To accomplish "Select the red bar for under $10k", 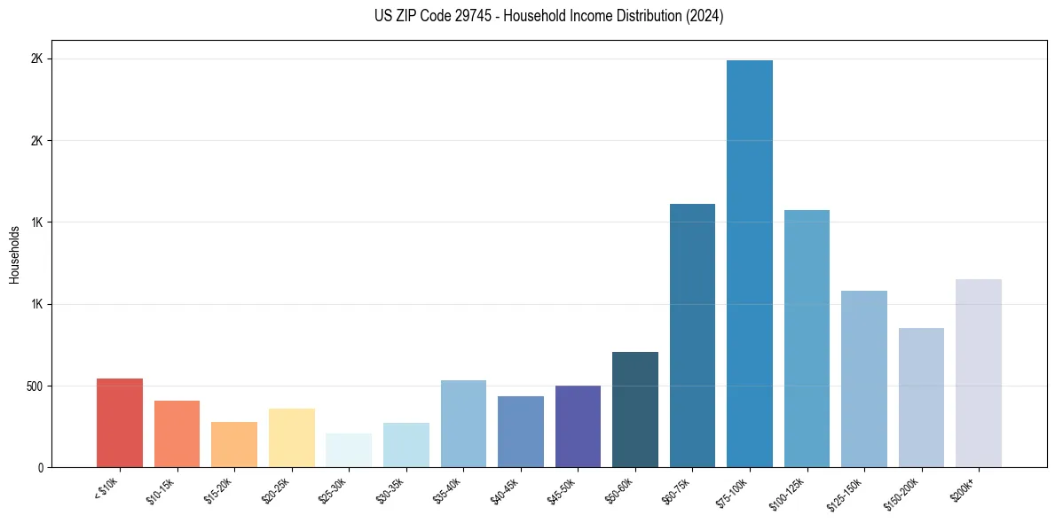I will [120, 423].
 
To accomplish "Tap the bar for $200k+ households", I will [979, 373].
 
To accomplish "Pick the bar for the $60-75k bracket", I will [692, 336].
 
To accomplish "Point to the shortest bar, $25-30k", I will [349, 450].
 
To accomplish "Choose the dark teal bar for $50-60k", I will [635, 410].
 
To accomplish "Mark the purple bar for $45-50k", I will [578, 426].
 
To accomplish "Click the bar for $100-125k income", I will [807, 339].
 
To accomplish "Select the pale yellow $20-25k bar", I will [292, 438].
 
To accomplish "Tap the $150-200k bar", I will [921, 398].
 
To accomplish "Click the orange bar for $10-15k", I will [177, 434].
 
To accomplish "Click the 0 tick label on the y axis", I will [40, 468].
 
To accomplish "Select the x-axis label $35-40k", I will [448, 490].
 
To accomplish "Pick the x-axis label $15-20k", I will [218, 490].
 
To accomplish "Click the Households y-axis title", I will [14, 254].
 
